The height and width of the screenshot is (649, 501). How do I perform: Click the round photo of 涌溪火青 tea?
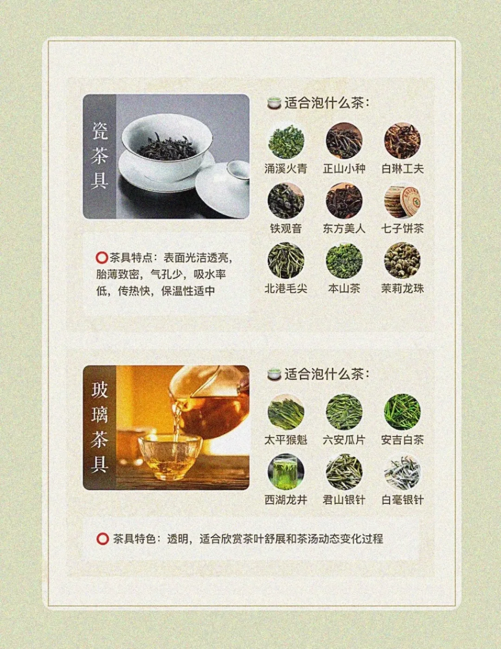286,141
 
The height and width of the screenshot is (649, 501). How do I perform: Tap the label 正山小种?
344,169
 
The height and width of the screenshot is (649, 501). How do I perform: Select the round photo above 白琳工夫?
402,141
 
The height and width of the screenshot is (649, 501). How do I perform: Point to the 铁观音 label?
286,229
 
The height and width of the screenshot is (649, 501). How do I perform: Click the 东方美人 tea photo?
344,201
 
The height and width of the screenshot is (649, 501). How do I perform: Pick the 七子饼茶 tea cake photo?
402,201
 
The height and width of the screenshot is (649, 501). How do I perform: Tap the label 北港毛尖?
286,289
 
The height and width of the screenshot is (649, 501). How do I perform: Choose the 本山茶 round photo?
344,260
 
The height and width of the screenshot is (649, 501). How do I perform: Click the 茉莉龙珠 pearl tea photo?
402,260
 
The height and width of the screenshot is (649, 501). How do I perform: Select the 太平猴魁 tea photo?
286,412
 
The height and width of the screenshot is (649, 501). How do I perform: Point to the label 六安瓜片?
344,440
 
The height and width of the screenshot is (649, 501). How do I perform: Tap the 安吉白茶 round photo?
402,412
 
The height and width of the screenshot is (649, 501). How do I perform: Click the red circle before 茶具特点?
102,258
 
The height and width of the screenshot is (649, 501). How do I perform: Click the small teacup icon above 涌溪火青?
274,103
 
